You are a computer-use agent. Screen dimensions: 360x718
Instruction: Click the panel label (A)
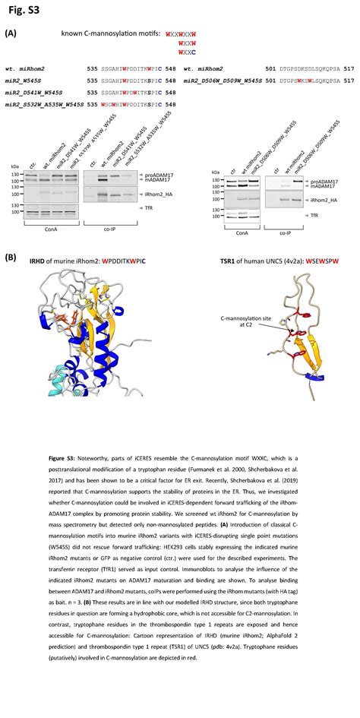10,33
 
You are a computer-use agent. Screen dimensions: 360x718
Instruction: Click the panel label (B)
10,258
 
